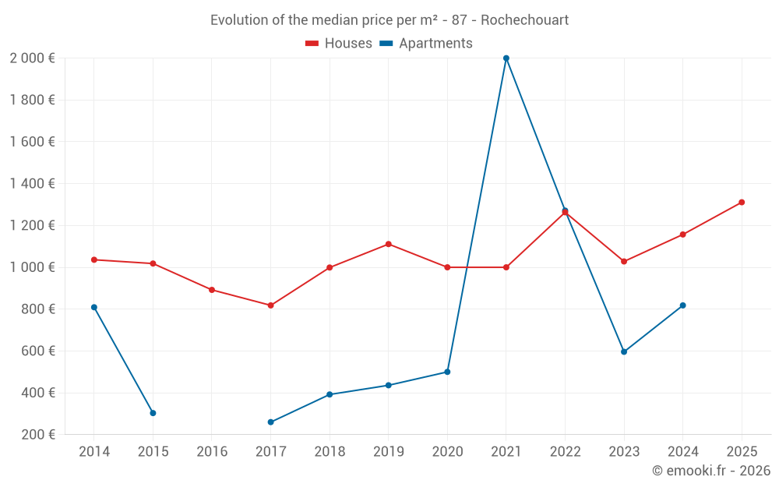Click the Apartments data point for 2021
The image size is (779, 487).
[x=506, y=58]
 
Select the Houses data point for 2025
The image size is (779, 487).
[x=742, y=203]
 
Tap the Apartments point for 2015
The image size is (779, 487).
[x=153, y=413]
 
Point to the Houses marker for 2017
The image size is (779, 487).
[x=270, y=305]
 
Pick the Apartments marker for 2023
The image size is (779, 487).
[x=624, y=351]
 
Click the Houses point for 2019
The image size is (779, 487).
[x=388, y=244]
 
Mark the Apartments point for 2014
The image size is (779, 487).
[x=94, y=307]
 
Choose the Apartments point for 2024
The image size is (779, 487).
[x=682, y=305]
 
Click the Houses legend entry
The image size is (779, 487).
[x=339, y=44]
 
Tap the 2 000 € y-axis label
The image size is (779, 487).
[x=32, y=58]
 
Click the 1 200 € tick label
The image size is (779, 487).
[x=32, y=226]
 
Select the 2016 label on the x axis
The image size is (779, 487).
[x=212, y=452]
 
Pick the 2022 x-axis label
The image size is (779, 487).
[x=565, y=452]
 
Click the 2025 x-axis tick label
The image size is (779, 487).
[x=742, y=452]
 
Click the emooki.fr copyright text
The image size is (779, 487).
[x=711, y=471]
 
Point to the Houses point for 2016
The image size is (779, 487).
[x=212, y=290]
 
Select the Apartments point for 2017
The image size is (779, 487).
[x=270, y=422]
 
